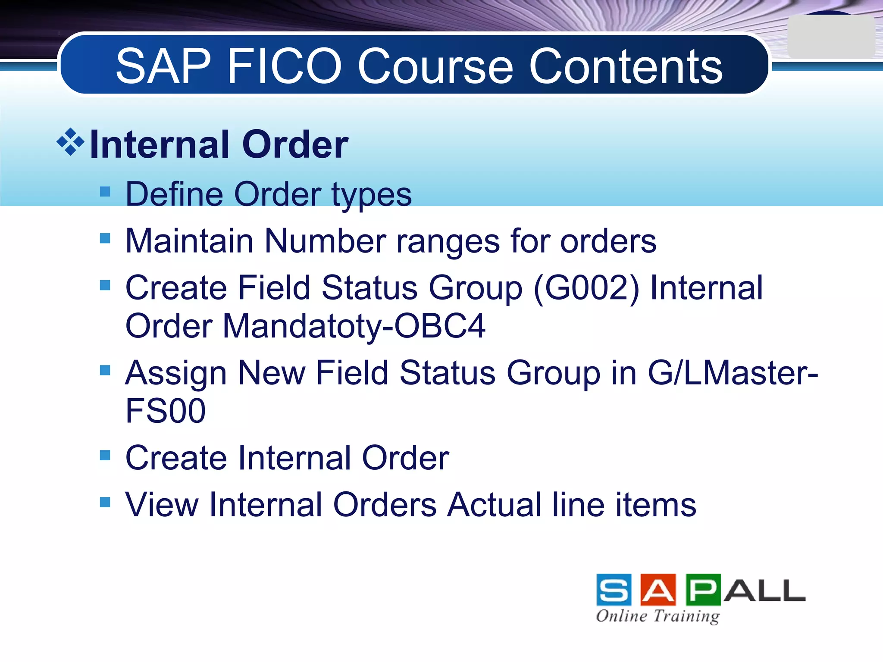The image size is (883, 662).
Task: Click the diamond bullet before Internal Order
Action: click(x=70, y=142)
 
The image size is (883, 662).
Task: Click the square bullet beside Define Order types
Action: click(x=105, y=191)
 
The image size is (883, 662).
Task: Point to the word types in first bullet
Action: click(x=372, y=195)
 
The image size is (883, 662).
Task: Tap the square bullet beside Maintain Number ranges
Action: click(x=105, y=238)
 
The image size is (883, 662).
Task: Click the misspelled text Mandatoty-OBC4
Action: click(x=354, y=326)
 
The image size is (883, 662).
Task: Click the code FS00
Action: click(x=166, y=411)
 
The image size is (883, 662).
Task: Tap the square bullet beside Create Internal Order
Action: click(x=105, y=455)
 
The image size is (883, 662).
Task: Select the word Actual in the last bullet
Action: click(x=494, y=505)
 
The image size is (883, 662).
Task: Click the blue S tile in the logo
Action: click(x=614, y=590)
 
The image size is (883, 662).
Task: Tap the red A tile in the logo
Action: click(x=658, y=590)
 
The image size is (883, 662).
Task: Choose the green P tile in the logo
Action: click(x=703, y=590)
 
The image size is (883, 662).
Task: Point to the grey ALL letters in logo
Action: click(x=764, y=591)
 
